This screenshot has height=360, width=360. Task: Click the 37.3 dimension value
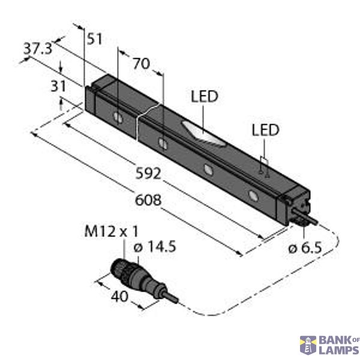click(x=37, y=49)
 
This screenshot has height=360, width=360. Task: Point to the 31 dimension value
click(x=58, y=86)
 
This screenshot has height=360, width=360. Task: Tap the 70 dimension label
click(x=140, y=63)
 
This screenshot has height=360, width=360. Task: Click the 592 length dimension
click(x=149, y=175)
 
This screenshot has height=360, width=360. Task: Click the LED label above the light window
click(x=204, y=97)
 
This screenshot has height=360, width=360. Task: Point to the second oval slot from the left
click(x=163, y=143)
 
